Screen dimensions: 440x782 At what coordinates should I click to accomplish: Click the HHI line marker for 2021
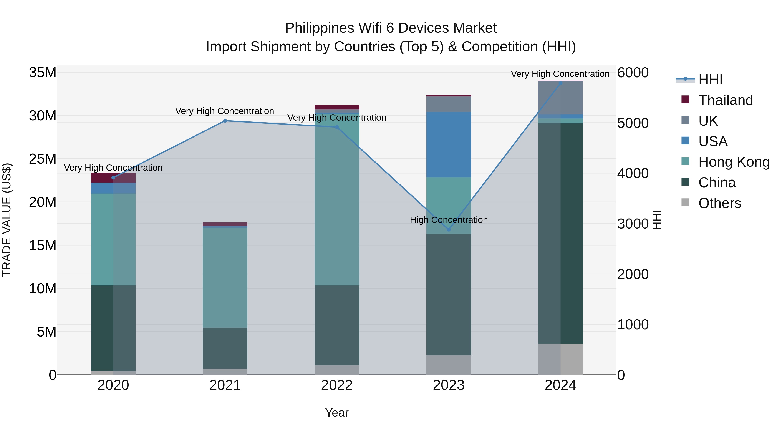click(x=225, y=121)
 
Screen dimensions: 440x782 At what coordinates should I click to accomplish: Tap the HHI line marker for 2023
click(x=449, y=230)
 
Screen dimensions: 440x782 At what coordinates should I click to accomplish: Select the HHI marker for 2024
click(x=560, y=83)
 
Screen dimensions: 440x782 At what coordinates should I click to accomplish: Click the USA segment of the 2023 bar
click(x=449, y=144)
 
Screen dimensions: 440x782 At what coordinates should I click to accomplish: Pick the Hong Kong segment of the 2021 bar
click(x=225, y=277)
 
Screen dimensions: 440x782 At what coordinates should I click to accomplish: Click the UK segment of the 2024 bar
click(x=560, y=98)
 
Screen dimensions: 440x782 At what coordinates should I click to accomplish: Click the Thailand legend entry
click(x=725, y=100)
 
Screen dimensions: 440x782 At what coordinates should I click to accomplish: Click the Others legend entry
click(x=719, y=203)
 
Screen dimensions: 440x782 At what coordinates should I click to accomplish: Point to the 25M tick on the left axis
click(x=43, y=159)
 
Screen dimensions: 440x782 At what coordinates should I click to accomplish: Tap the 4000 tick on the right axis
click(x=633, y=173)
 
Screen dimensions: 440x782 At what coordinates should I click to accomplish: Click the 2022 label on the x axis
click(x=337, y=385)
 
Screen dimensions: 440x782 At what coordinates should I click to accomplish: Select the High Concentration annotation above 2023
click(x=449, y=220)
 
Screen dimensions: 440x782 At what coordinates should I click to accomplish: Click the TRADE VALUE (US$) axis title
click(x=7, y=220)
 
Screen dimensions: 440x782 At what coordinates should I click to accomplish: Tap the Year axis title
click(x=337, y=413)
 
